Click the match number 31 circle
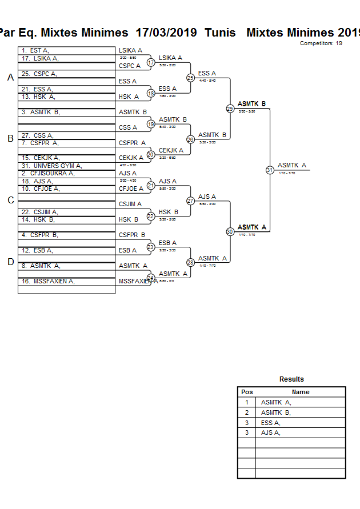coord(270,170)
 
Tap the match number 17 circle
coord(151,62)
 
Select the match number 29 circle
coord(230,109)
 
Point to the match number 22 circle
coord(151,216)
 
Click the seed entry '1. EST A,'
coord(35,50)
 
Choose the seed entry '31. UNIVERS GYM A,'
coord(51,166)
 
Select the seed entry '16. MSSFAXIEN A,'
coord(48,281)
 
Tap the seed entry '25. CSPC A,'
coord(39,74)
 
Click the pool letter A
coord(10,78)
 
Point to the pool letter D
coord(10,262)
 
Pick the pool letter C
coord(10,200)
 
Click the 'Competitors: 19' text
coord(321,43)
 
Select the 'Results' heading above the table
coord(291,379)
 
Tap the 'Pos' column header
coord(247,392)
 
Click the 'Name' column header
coord(301,392)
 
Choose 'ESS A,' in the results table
coord(270,423)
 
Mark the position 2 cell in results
coord(247,412)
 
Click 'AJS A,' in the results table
coord(270,433)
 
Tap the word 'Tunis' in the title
coord(220,33)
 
